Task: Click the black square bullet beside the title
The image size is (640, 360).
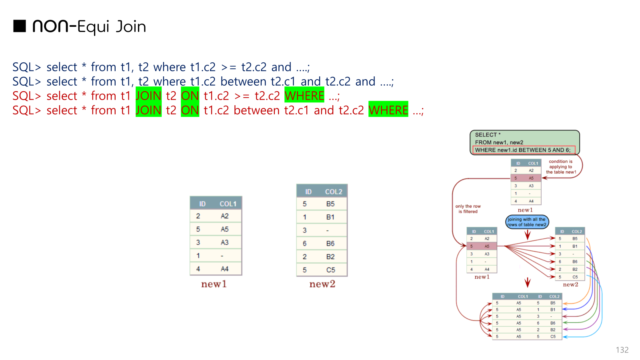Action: point(20,26)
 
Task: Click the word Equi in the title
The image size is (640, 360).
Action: point(93,27)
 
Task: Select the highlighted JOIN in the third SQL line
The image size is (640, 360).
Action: point(148,96)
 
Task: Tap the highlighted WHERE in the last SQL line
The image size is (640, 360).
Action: point(388,110)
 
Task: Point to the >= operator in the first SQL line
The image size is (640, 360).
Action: point(229,67)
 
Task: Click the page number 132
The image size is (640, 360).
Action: point(622,350)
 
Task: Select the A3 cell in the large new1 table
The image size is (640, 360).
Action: point(224,242)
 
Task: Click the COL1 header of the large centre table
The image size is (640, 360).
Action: point(228,204)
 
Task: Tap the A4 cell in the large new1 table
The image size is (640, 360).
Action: point(224,269)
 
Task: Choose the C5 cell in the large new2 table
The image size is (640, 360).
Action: point(330,270)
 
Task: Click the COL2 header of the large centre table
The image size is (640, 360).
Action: point(333,192)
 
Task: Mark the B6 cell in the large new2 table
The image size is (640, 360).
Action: point(330,244)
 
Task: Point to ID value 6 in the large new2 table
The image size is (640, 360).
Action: point(305,244)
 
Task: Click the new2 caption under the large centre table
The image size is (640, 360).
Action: point(322,284)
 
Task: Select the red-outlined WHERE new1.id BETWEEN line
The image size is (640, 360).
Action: point(523,150)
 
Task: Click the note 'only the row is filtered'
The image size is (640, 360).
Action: point(468,209)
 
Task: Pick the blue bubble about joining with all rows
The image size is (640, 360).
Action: point(527,222)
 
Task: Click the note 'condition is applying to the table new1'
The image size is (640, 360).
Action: point(561,167)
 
